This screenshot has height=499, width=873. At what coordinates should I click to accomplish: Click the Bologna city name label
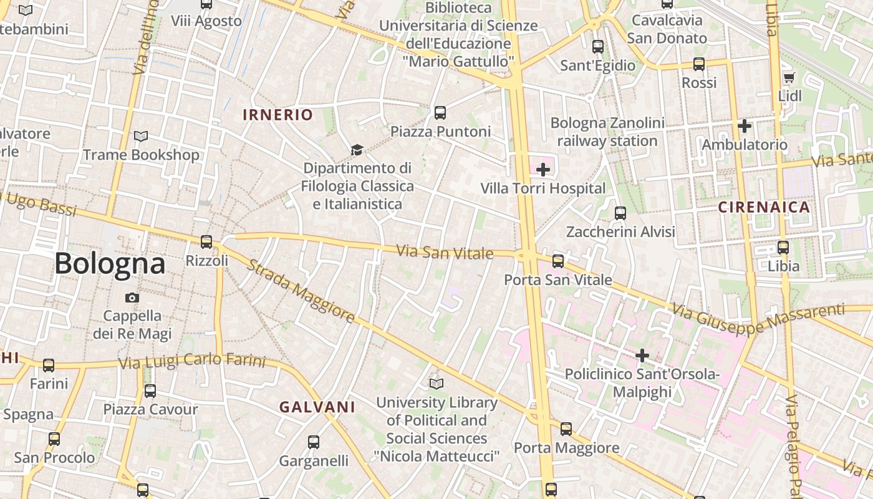110,263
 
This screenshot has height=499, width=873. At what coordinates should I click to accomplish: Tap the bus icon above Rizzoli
206,241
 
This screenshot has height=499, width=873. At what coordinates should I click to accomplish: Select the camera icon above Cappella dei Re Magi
132,298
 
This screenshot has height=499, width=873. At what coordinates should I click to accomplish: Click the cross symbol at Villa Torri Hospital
543,169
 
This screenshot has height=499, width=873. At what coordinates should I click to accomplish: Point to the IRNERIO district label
277,115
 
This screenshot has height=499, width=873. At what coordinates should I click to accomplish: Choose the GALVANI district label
317,407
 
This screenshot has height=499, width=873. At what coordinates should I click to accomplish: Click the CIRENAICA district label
764,207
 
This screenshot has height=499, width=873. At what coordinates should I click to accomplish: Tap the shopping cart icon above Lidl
789,78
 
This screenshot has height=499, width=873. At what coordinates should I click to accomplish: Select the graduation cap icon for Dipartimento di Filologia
357,150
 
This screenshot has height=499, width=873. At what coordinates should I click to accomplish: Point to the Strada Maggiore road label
301,291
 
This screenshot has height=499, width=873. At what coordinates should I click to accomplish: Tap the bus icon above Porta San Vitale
558,261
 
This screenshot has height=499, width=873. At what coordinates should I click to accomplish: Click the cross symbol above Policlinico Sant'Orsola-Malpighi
642,356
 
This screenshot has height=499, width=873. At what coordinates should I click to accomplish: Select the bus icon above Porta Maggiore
566,429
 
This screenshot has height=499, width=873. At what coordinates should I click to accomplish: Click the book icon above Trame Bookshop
142,136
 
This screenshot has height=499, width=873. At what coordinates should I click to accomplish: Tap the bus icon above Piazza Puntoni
440,113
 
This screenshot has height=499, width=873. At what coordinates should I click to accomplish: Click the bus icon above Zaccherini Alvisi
620,213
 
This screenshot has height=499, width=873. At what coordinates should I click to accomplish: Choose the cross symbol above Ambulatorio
744,126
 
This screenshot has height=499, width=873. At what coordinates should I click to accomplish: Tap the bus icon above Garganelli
314,442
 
